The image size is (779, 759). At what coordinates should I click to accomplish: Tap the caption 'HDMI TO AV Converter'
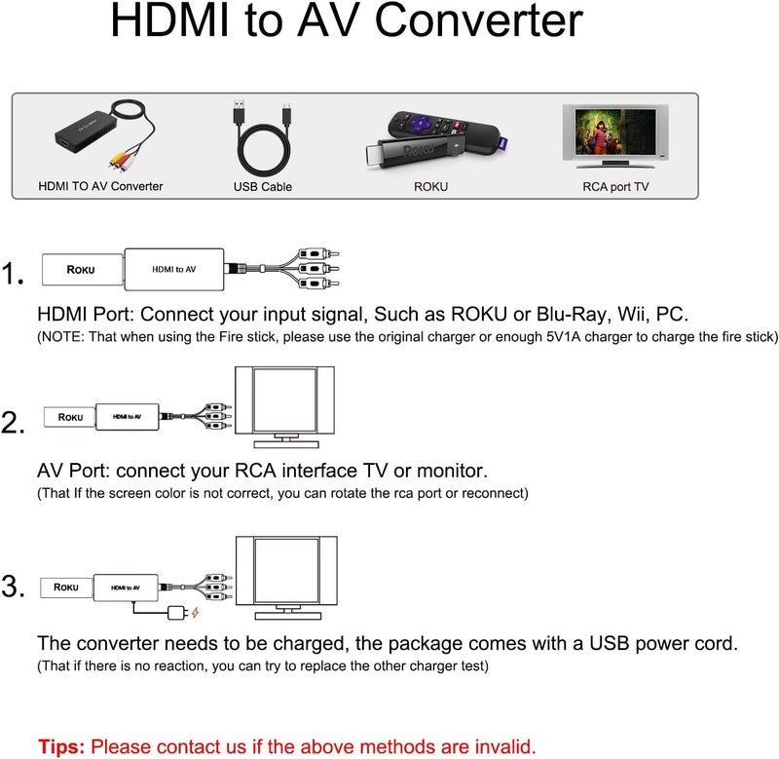point(100,186)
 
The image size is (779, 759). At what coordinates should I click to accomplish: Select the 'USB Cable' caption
point(262,186)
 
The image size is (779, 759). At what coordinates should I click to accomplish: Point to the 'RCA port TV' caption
point(614,186)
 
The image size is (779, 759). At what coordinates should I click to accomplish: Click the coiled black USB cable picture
point(262,139)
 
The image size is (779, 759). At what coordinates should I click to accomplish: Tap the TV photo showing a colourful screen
point(614,136)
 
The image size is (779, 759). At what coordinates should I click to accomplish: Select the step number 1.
point(14,276)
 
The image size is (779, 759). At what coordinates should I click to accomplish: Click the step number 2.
point(14,423)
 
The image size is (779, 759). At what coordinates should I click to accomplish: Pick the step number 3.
point(14,588)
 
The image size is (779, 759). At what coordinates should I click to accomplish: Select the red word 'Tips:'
point(62,747)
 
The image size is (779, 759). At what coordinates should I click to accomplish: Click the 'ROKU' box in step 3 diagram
point(66,588)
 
